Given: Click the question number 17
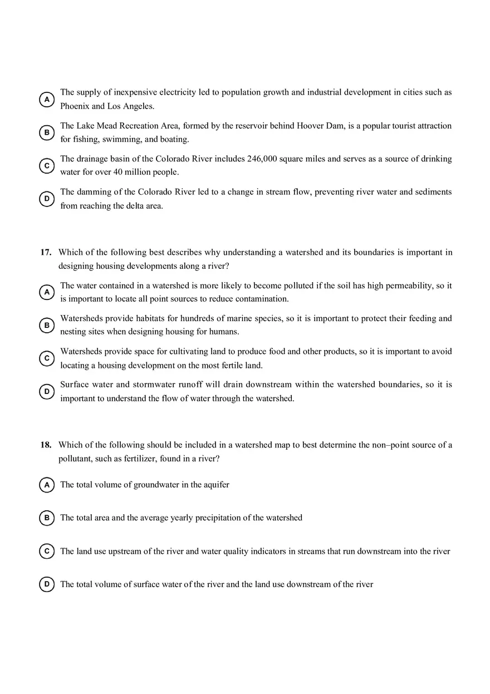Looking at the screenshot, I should tap(46, 253).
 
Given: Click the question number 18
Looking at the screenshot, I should tap(46, 445).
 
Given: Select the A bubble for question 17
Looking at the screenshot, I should tap(47, 292).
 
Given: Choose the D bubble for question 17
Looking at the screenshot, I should tap(47, 392).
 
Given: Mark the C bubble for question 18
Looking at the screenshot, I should tap(47, 552).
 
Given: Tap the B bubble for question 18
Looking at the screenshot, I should tap(47, 518).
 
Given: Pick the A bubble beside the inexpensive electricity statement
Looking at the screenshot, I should tap(47, 99).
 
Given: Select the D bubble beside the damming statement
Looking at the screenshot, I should tap(47, 199).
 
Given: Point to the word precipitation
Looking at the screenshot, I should tap(219, 518).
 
